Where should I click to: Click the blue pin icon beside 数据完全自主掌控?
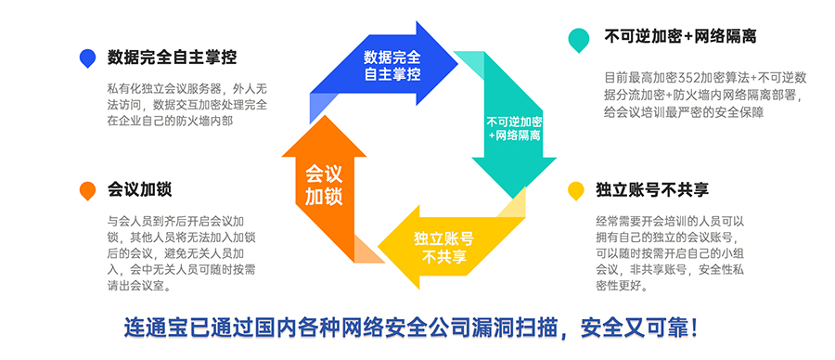click(x=88, y=58)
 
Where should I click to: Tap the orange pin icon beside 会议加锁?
click(x=87, y=190)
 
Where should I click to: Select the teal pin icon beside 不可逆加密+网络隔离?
click(x=579, y=39)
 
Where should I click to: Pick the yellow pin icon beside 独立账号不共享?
click(x=576, y=191)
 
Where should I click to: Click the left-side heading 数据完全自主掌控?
click(x=172, y=58)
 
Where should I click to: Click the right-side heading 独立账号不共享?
click(x=652, y=190)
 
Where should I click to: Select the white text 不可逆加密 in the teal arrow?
click(x=515, y=122)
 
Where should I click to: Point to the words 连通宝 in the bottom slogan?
click(x=151, y=328)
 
